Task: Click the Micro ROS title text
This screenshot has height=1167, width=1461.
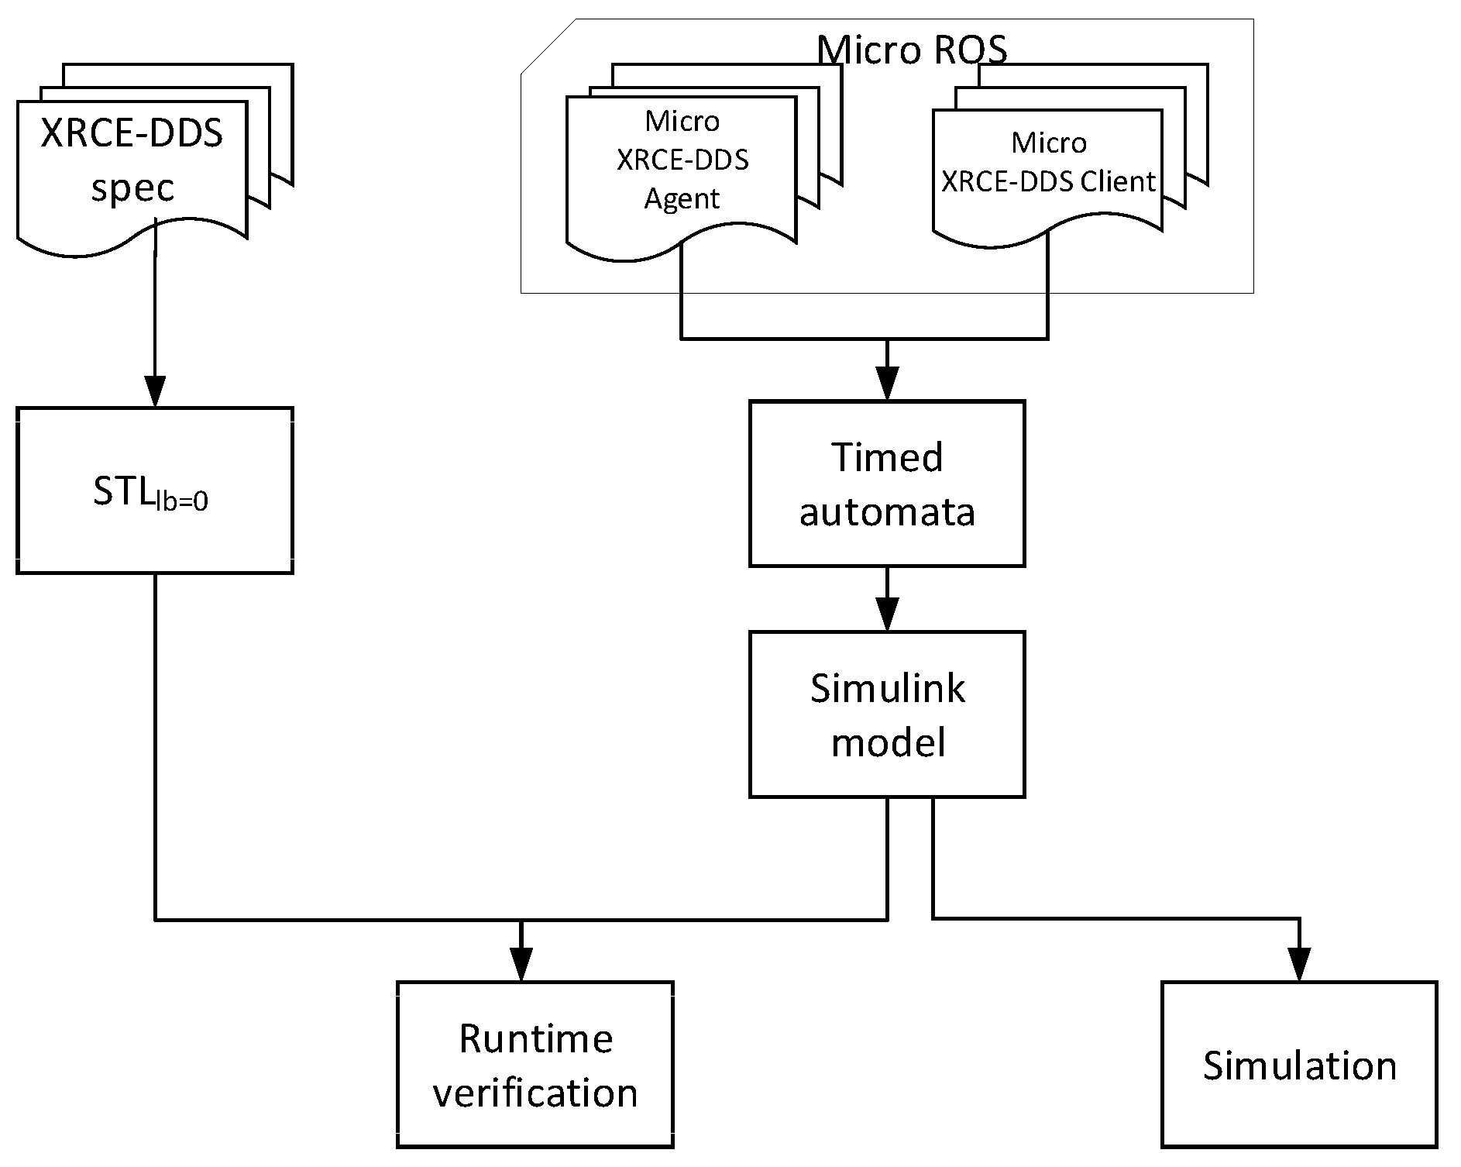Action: pyautogui.click(x=912, y=50)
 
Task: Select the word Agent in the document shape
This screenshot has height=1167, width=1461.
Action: pyautogui.click(x=682, y=199)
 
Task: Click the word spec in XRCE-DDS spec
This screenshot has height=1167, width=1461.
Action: pyautogui.click(x=132, y=188)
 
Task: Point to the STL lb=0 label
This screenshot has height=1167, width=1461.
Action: pyautogui.click(x=150, y=492)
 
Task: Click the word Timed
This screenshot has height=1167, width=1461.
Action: pyautogui.click(x=887, y=457)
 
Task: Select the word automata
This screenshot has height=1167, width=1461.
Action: pyautogui.click(x=887, y=512)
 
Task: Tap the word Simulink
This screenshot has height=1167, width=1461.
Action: pyautogui.click(x=887, y=688)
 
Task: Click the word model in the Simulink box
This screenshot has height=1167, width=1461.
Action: pyautogui.click(x=888, y=743)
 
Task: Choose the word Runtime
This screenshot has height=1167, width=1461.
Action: pyautogui.click(x=535, y=1038)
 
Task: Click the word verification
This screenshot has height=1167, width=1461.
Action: pyautogui.click(x=535, y=1093)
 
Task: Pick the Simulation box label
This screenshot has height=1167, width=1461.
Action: pyautogui.click(x=1299, y=1065)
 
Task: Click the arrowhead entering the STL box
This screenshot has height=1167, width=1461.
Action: pyautogui.click(x=155, y=391)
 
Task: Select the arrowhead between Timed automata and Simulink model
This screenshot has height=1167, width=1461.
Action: pyautogui.click(x=887, y=615)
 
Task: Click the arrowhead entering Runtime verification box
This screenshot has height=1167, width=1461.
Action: pyautogui.click(x=521, y=966)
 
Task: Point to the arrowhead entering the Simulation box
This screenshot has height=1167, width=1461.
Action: pyautogui.click(x=1299, y=966)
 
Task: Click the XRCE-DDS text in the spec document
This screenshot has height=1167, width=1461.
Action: pyautogui.click(x=132, y=133)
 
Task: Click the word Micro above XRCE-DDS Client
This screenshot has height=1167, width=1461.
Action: pyautogui.click(x=1049, y=143)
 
